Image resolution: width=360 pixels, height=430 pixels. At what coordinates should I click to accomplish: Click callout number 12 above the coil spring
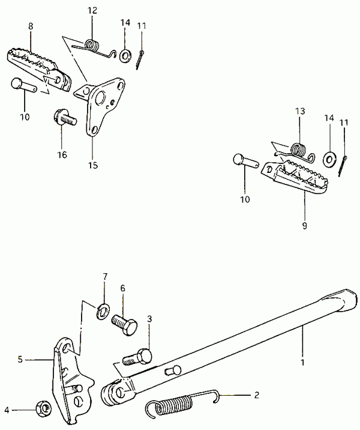(x=92, y=11)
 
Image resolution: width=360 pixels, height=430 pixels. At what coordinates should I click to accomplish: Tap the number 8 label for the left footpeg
(x=31, y=26)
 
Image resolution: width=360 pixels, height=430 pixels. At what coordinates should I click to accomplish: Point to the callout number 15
(x=93, y=165)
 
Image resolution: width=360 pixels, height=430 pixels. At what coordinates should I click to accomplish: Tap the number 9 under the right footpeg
(x=305, y=226)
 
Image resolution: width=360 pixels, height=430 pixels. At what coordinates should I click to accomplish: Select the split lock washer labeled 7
(x=103, y=310)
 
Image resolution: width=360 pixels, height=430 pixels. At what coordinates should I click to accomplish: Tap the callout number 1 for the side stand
(x=302, y=363)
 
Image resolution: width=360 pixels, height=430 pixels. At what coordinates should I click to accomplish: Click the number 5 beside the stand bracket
(x=20, y=359)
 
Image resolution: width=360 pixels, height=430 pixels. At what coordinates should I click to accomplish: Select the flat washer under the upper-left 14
(x=126, y=56)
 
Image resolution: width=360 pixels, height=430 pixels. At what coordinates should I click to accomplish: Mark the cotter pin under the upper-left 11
(x=140, y=59)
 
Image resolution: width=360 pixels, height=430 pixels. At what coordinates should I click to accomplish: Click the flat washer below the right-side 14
(x=329, y=159)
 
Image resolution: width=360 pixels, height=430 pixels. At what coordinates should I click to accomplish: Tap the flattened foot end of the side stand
(x=343, y=300)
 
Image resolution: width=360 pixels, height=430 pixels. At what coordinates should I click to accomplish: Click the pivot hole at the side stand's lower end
(x=120, y=393)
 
